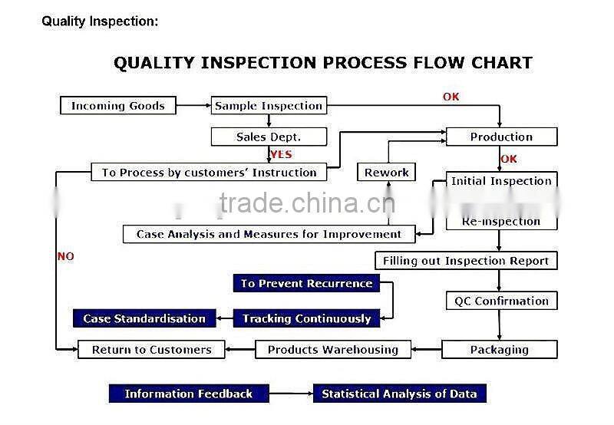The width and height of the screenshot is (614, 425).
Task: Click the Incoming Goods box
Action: coord(117,106)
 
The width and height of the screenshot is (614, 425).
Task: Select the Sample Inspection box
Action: coord(269,106)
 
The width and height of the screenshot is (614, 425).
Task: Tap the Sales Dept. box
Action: coord(269,137)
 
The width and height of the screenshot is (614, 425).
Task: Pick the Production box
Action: coord(501,137)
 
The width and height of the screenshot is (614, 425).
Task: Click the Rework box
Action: coord(387,173)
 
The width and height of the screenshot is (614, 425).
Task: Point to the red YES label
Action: coord(281,154)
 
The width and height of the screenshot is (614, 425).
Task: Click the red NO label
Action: coord(66,257)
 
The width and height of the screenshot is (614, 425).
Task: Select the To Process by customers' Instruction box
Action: coord(209,173)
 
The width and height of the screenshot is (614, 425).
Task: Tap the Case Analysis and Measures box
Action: coord(269,234)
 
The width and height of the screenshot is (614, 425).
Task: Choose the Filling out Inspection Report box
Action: coord(466,261)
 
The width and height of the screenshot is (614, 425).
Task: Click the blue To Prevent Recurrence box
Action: coord(306,284)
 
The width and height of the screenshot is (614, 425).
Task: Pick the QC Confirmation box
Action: coord(501,301)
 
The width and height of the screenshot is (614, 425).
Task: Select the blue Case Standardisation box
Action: coord(144,318)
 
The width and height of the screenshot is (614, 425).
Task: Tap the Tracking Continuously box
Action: coord(306,318)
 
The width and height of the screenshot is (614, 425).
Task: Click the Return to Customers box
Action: coord(151,350)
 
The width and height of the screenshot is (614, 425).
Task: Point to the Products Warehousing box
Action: coord(333,350)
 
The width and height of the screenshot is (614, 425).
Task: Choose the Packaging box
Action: coord(500,350)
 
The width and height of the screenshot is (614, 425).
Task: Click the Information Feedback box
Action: coord(188,394)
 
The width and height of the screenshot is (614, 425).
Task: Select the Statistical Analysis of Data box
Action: coord(399,394)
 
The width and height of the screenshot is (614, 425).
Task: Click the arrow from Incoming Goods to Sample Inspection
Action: coord(193,106)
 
